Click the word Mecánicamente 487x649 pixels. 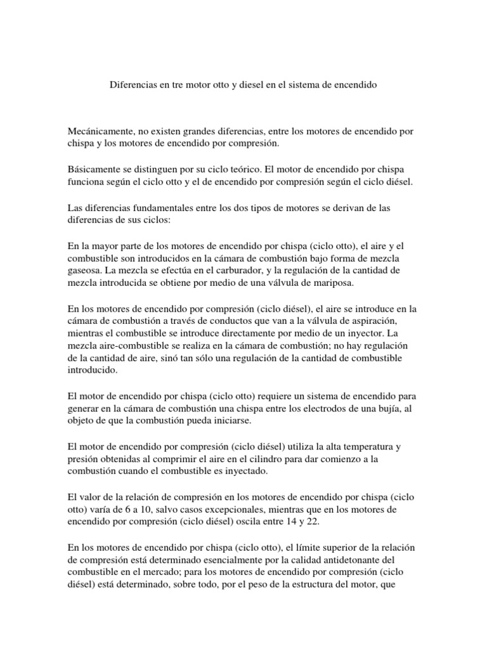[x=99, y=132]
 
